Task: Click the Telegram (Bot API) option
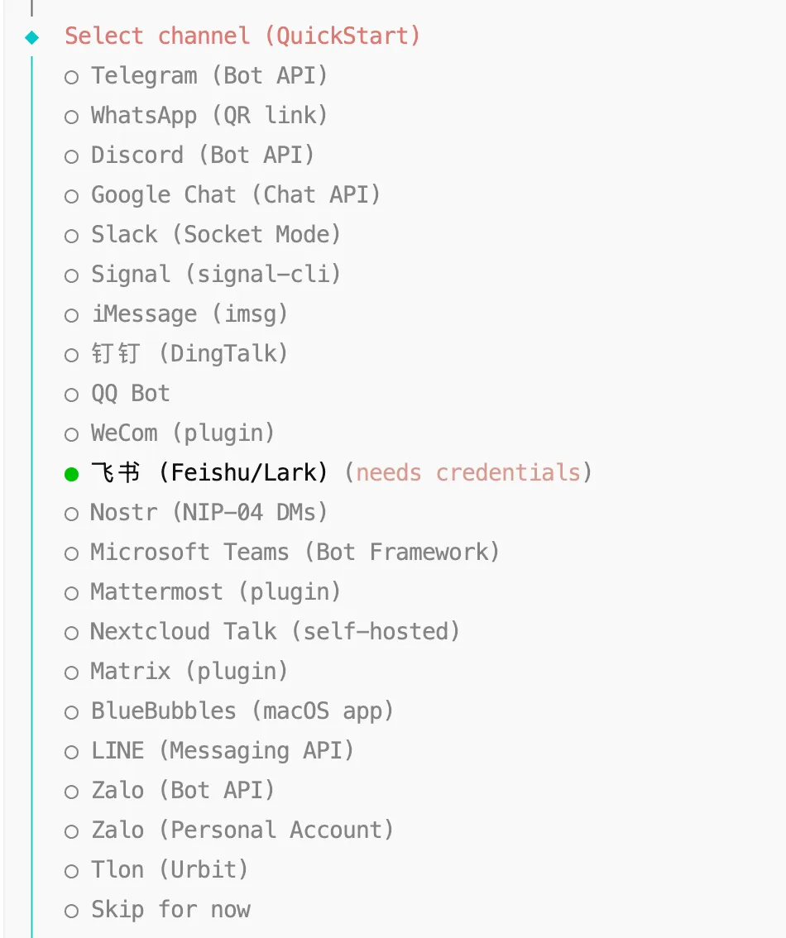pyautogui.click(x=208, y=76)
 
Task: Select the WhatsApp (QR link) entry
pyautogui.click(x=208, y=116)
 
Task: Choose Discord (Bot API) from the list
pyautogui.click(x=202, y=156)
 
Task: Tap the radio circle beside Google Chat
pyautogui.click(x=72, y=196)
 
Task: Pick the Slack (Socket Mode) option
pyautogui.click(x=215, y=235)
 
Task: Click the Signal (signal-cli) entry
pyautogui.click(x=215, y=275)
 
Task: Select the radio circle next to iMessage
pyautogui.click(x=72, y=315)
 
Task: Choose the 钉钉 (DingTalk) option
pyautogui.click(x=189, y=354)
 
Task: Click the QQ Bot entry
pyautogui.click(x=130, y=394)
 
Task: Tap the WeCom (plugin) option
pyautogui.click(x=182, y=433)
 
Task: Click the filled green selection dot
pyautogui.click(x=72, y=474)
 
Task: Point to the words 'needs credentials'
pyautogui.click(x=468, y=473)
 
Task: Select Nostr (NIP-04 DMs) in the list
pyautogui.click(x=208, y=513)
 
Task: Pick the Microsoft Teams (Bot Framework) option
pyautogui.click(x=295, y=553)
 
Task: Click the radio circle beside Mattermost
pyautogui.click(x=72, y=593)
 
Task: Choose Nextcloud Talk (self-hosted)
pyautogui.click(x=275, y=632)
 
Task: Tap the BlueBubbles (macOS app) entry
pyautogui.click(x=242, y=711)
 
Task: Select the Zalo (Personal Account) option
pyautogui.click(x=242, y=830)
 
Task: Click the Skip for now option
pyautogui.click(x=170, y=910)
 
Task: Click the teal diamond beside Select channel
pyautogui.click(x=32, y=37)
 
